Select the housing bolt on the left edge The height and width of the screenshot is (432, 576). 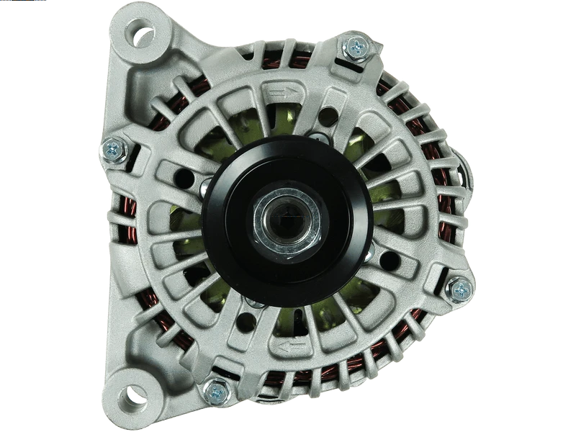click(x=114, y=149)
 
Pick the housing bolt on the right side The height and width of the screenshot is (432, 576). click(x=459, y=289)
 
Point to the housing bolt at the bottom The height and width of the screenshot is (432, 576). click(x=215, y=392)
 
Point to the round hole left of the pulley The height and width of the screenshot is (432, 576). click(x=183, y=177)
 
